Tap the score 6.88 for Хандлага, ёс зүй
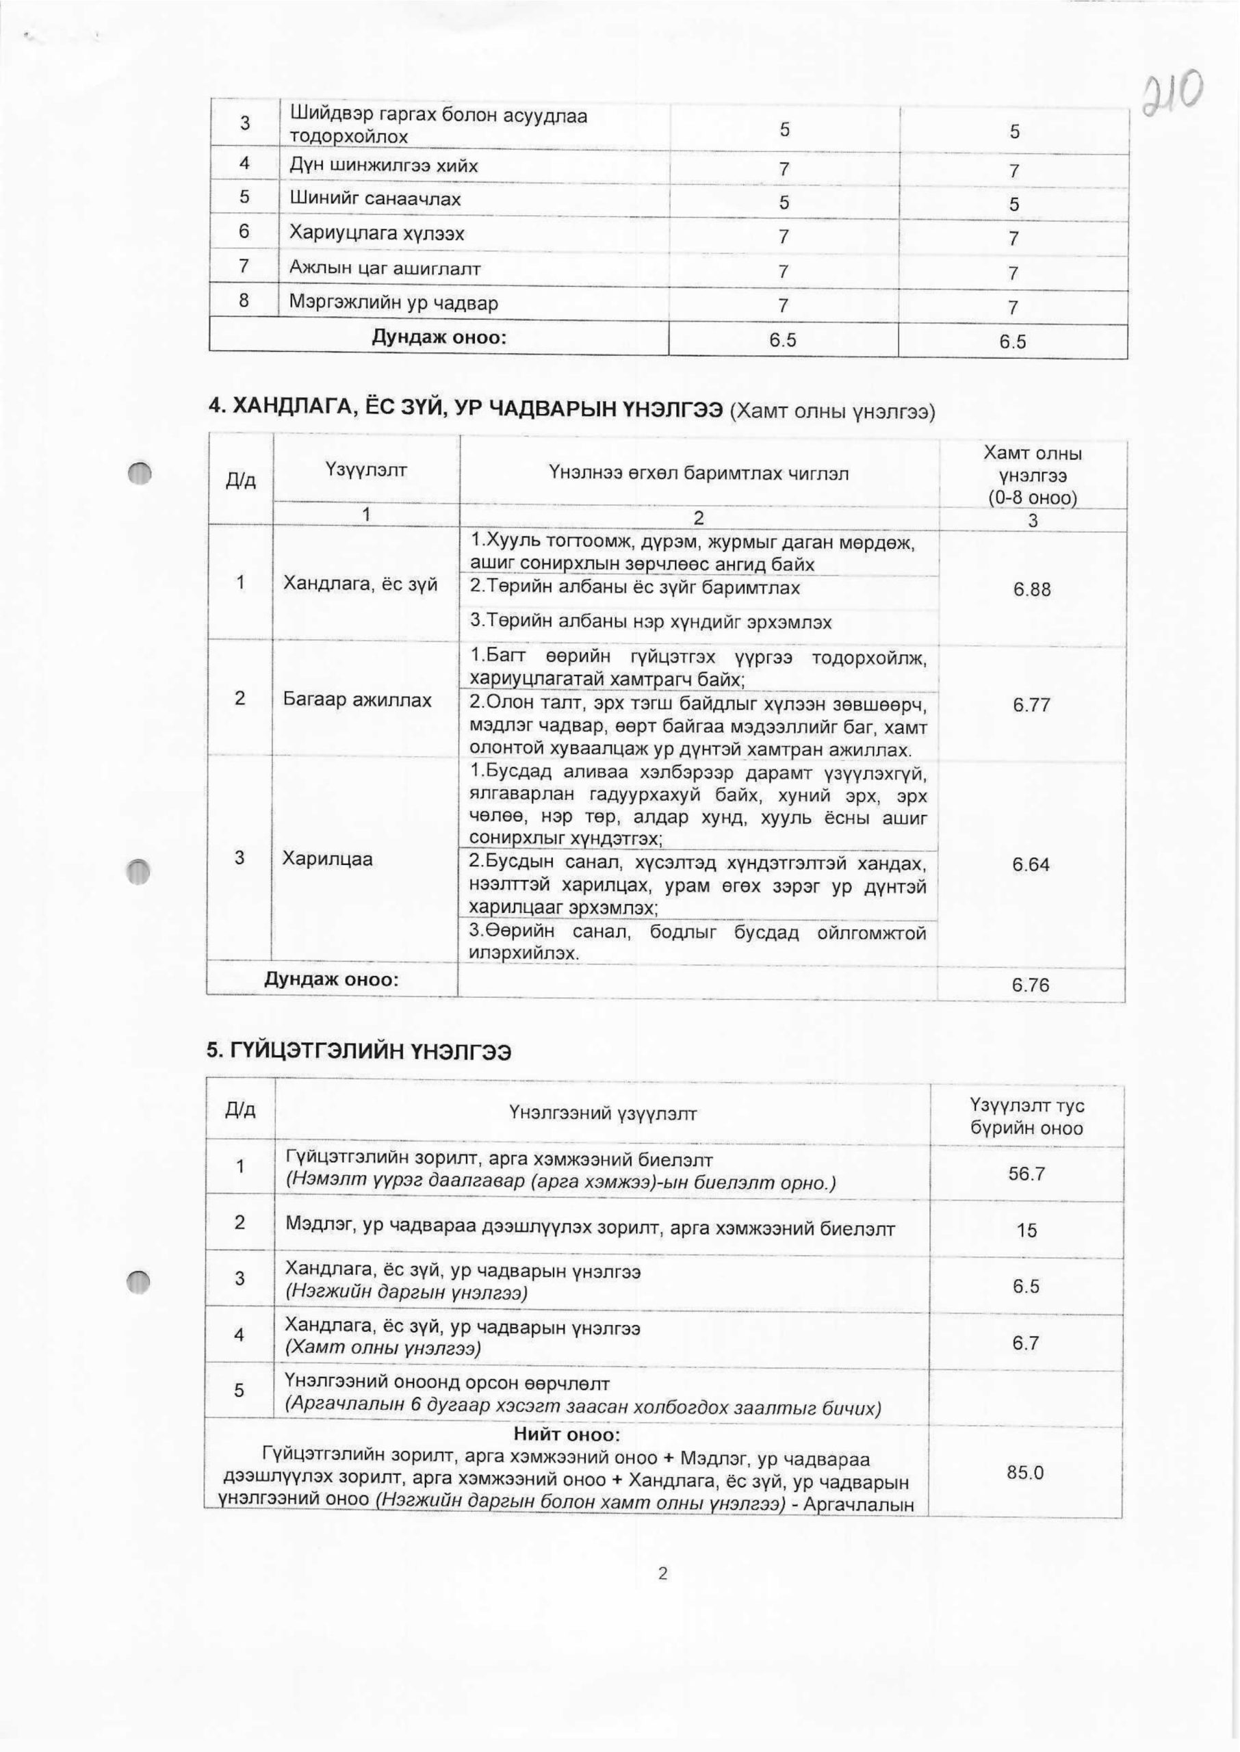click(1031, 589)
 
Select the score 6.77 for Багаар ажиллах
click(1031, 706)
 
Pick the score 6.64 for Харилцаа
click(1031, 865)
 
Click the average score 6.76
click(1031, 985)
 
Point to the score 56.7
click(1026, 1174)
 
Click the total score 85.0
click(1024, 1473)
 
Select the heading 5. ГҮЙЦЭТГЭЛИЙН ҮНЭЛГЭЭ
click(359, 1053)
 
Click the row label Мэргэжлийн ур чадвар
click(393, 303)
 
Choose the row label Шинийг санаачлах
click(375, 200)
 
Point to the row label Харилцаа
click(328, 859)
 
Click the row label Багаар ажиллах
click(357, 699)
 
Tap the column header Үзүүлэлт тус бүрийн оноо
click(1026, 1117)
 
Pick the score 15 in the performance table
click(1026, 1231)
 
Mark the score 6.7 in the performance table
click(1025, 1343)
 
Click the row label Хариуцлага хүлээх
click(376, 233)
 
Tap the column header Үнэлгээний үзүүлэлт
click(602, 1113)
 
